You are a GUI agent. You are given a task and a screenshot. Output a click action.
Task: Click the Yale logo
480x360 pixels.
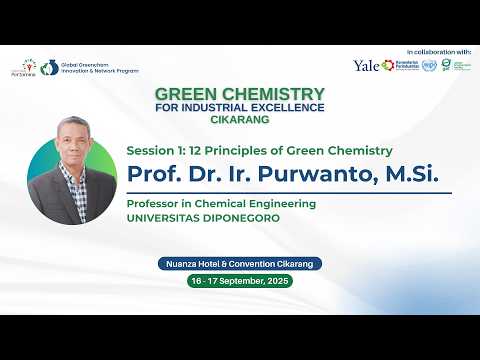(x=366, y=65)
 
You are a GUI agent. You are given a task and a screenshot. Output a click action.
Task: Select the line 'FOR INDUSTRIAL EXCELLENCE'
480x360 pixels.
(x=239, y=107)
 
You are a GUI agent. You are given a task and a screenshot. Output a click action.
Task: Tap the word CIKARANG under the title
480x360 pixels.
(x=239, y=119)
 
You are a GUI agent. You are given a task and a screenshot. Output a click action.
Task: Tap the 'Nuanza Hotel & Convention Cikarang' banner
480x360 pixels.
(x=239, y=264)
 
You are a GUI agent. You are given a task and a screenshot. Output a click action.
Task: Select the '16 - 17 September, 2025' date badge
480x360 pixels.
(x=239, y=282)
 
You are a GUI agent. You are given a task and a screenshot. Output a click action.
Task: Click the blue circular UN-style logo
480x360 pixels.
(x=430, y=66)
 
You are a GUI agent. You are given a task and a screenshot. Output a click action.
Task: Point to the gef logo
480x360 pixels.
(x=445, y=66)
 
